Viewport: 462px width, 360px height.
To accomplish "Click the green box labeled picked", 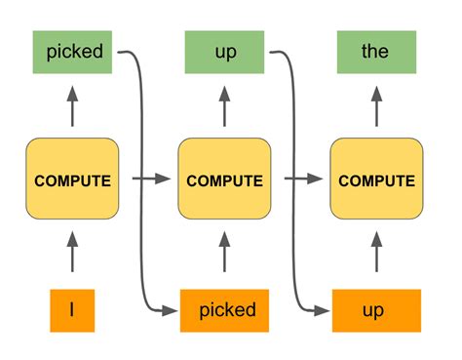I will (74, 52).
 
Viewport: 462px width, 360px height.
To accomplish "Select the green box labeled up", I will (224, 52).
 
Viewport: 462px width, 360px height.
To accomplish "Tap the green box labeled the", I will (375, 52).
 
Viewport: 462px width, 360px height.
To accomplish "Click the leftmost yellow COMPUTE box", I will (73, 180).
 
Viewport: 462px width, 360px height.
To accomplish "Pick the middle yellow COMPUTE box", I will (224, 180).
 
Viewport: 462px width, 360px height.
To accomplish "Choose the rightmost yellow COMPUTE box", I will (376, 180).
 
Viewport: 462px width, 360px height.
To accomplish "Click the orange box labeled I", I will (72, 310).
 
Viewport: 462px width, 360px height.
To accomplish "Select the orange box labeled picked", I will (225, 310).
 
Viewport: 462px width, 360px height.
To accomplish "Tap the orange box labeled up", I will (376, 310).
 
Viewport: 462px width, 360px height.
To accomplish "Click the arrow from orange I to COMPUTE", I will (73, 256).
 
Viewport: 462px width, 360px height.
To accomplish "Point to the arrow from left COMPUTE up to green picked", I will (73, 105).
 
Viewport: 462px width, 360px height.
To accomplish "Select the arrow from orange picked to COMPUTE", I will (225, 256).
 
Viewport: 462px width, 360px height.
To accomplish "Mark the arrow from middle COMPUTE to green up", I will (225, 105).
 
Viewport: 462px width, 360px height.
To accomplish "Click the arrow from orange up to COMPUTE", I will (376, 256).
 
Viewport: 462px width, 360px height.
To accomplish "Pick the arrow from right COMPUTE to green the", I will (376, 105).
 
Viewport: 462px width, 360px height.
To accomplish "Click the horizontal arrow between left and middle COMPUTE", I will (148, 180).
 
